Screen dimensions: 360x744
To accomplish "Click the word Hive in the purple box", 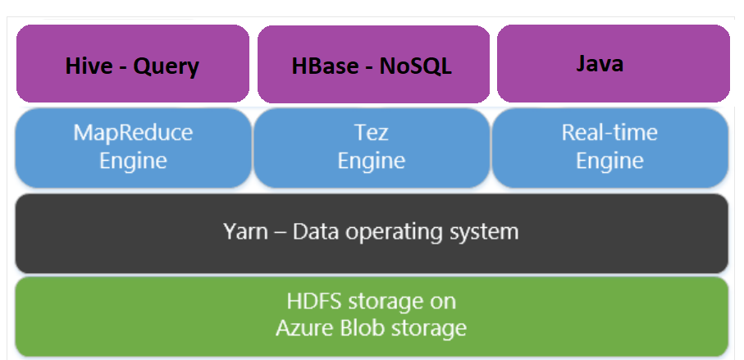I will [89, 66].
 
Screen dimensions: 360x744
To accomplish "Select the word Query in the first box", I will [166, 66].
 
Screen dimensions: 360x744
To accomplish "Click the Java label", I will [599, 63].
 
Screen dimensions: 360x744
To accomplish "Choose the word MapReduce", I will [133, 133].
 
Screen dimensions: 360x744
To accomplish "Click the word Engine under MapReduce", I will [133, 160].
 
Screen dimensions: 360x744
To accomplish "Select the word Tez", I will [372, 133].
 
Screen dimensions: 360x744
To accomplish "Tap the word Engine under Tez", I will [372, 160].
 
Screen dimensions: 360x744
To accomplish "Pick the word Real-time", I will [609, 133].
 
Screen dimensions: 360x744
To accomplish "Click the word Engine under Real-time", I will [609, 160].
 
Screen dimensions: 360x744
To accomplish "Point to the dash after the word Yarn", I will [278, 232].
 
